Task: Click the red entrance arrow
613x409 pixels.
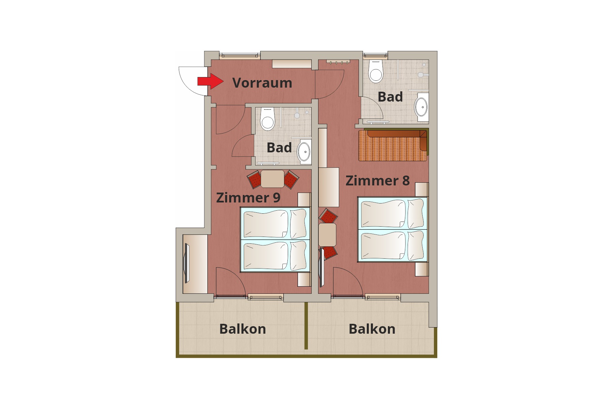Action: tap(210, 81)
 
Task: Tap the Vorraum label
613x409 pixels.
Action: tap(262, 83)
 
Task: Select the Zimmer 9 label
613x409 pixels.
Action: tap(248, 198)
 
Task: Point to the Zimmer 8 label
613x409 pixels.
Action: tap(378, 181)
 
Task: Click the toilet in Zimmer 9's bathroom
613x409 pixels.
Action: tap(267, 119)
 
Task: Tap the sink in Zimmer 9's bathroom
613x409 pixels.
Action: tap(304, 151)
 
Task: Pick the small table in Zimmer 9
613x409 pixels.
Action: tap(272, 179)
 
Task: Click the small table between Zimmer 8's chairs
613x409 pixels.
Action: tap(327, 234)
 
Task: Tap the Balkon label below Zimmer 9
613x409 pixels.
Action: tap(243, 329)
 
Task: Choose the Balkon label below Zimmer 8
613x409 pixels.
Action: tap(372, 329)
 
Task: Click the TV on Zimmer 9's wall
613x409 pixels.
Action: tap(186, 263)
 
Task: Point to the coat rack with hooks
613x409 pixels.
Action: tap(338, 62)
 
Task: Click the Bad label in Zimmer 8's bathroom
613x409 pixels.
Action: tap(390, 97)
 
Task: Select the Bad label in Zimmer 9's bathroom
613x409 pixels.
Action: tap(279, 148)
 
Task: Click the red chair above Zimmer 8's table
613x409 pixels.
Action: tap(328, 216)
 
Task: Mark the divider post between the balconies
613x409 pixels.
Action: tap(306, 326)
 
